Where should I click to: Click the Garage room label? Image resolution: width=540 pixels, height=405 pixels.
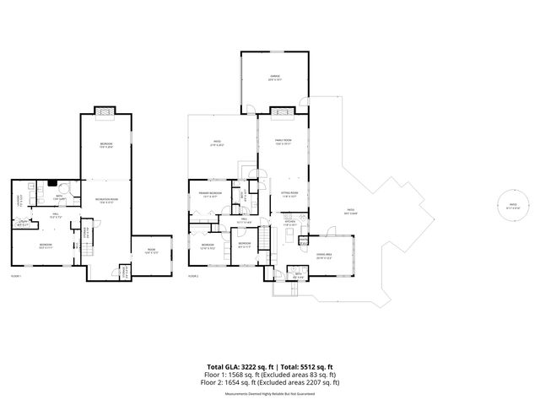pyautogui.click(x=275, y=78)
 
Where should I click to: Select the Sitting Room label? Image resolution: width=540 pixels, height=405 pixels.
pyautogui.click(x=287, y=194)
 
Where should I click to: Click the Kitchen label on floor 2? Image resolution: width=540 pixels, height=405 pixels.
pyautogui.click(x=289, y=224)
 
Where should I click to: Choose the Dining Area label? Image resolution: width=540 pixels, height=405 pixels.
pyautogui.click(x=322, y=255)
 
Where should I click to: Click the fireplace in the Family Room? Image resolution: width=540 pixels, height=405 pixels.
pyautogui.click(x=283, y=110)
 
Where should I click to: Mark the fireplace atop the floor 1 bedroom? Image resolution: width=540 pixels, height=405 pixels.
pyautogui.click(x=105, y=111)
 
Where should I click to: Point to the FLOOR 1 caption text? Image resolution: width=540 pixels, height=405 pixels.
pyautogui.click(x=16, y=276)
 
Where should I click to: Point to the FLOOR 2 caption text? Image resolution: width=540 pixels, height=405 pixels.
pyautogui.click(x=193, y=276)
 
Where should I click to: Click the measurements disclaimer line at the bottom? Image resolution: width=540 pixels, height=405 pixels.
pyautogui.click(x=271, y=393)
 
